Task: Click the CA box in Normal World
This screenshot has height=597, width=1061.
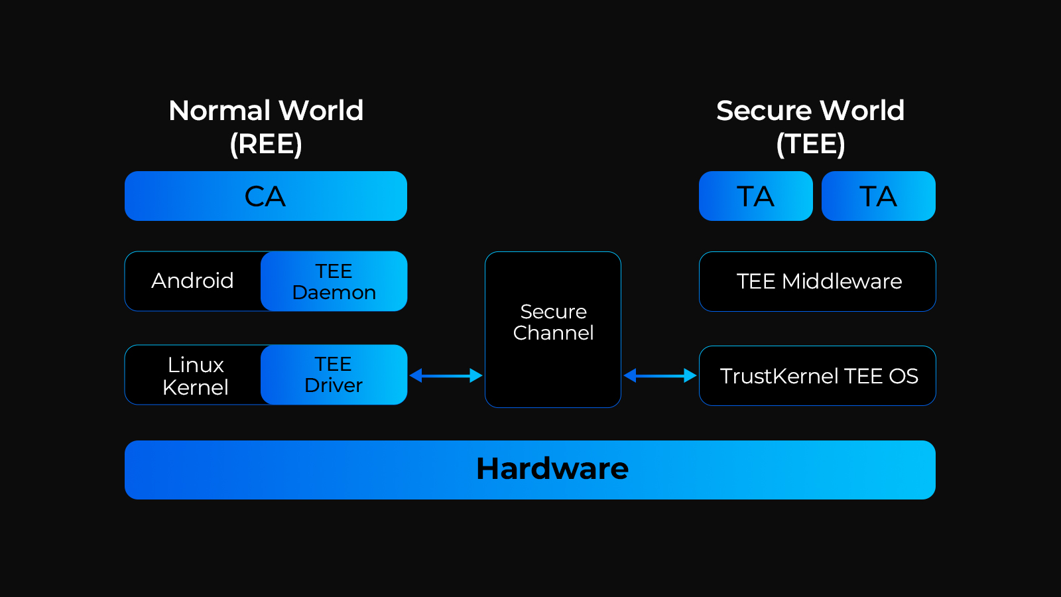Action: (x=265, y=196)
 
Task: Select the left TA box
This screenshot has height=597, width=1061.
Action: (x=755, y=196)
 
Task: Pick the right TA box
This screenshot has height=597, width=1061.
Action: (x=878, y=196)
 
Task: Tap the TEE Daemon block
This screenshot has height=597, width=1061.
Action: (x=334, y=281)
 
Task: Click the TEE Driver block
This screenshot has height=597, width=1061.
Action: (x=334, y=375)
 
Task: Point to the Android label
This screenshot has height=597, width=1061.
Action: (x=192, y=281)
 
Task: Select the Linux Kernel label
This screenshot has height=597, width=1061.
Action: (x=196, y=375)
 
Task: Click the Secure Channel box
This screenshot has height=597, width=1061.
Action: (x=553, y=329)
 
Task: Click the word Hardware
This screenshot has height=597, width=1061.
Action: (x=552, y=469)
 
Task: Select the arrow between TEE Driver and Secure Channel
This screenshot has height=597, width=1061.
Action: (x=446, y=375)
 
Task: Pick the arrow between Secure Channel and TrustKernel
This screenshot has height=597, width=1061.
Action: (x=660, y=375)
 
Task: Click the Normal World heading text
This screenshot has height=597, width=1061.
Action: (x=266, y=110)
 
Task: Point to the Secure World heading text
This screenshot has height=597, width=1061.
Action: (x=810, y=110)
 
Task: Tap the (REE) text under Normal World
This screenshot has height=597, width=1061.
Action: (x=266, y=144)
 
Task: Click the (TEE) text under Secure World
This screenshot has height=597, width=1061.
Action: (x=810, y=144)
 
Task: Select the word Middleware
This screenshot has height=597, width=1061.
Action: (x=842, y=281)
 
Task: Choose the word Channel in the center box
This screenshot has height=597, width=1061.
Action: (x=553, y=333)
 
